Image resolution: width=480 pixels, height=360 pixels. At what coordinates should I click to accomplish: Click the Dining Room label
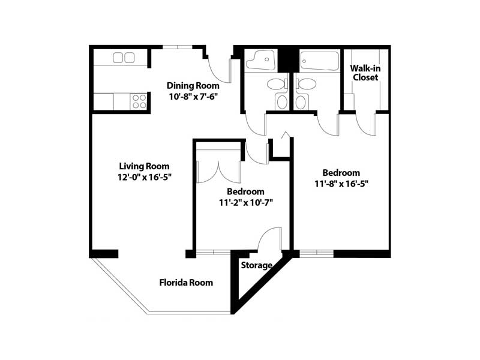193,86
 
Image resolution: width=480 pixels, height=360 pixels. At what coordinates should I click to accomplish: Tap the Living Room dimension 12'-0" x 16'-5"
144,177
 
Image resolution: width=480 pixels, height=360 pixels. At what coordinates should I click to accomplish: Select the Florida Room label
186,282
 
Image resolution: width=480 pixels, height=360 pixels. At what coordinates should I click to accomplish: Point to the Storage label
257,265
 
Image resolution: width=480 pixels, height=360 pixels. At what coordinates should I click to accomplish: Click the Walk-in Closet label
365,73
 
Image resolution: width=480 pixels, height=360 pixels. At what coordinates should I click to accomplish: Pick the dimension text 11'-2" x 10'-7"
246,203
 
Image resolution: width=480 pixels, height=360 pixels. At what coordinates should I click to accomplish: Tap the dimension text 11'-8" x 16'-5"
341,184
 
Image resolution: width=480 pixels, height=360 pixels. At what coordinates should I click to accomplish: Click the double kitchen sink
124,58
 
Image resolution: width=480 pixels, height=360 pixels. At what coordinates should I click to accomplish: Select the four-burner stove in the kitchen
139,101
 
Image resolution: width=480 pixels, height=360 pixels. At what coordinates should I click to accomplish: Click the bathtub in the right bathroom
320,61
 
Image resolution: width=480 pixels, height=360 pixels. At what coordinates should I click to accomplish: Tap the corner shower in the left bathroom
260,59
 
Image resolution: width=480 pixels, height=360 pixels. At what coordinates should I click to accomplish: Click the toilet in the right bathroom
305,84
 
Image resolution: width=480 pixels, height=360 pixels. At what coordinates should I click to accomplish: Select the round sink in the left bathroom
282,103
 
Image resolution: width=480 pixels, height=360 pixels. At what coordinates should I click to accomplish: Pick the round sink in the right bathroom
301,103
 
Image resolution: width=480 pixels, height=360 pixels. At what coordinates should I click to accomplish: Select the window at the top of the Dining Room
177,47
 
